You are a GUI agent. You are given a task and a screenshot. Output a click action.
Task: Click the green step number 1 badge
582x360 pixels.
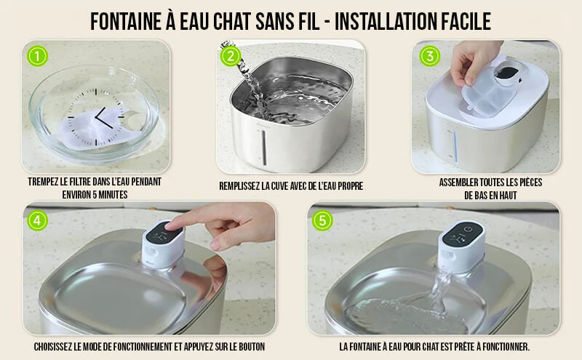click(x=38, y=56)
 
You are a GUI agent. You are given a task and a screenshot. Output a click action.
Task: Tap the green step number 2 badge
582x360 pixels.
click(x=231, y=56)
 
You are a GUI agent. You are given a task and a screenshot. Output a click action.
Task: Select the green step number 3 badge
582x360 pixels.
click(x=430, y=56)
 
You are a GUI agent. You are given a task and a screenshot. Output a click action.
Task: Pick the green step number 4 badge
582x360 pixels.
click(x=38, y=220)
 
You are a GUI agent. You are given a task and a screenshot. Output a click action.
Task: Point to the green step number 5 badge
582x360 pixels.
click(x=322, y=220)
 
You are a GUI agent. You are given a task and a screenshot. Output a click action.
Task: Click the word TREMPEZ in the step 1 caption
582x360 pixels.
click(x=43, y=182)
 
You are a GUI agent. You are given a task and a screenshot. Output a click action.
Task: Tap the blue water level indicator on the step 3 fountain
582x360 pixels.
click(x=455, y=146)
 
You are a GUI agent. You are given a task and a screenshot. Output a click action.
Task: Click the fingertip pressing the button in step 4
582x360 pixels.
click(x=170, y=225)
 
